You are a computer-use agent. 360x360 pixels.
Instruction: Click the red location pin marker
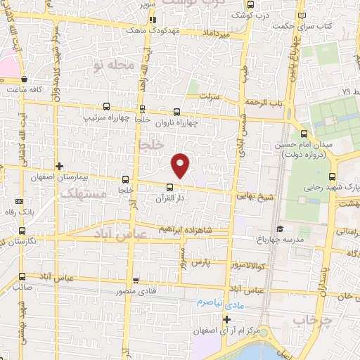pos(181,165)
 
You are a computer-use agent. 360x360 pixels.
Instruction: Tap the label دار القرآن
pos(169,199)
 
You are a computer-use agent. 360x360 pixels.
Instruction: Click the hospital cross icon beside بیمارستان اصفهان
pos(60,167)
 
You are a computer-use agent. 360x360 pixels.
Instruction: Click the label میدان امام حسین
pos(304,145)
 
